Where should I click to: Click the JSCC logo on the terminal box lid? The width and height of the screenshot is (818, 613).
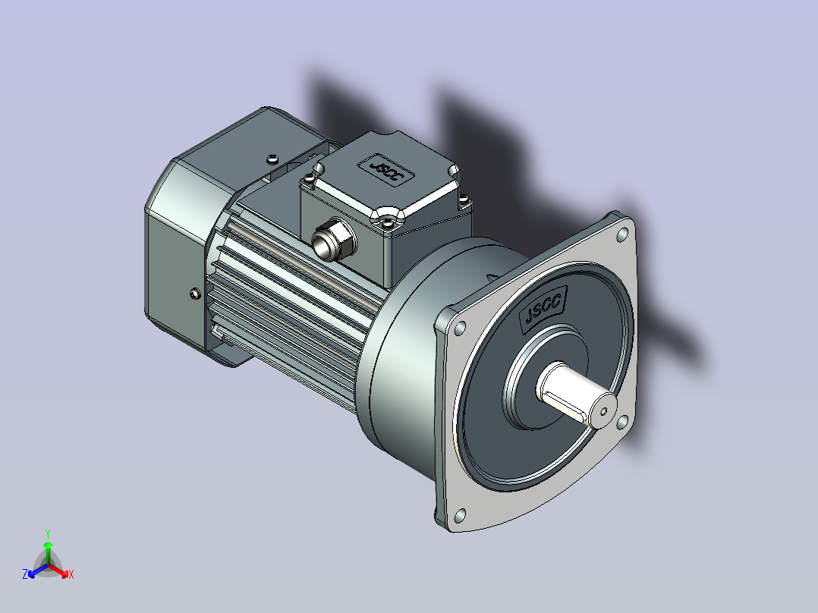[385, 170]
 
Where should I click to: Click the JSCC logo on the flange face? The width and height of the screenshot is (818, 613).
[543, 309]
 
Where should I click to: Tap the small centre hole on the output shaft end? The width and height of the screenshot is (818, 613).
[603, 412]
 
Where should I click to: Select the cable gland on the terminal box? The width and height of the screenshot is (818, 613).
[333, 241]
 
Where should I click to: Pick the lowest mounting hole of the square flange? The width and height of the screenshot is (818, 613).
[460, 515]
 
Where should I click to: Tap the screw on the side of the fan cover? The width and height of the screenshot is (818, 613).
[195, 294]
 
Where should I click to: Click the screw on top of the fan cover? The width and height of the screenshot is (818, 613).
[272, 159]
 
